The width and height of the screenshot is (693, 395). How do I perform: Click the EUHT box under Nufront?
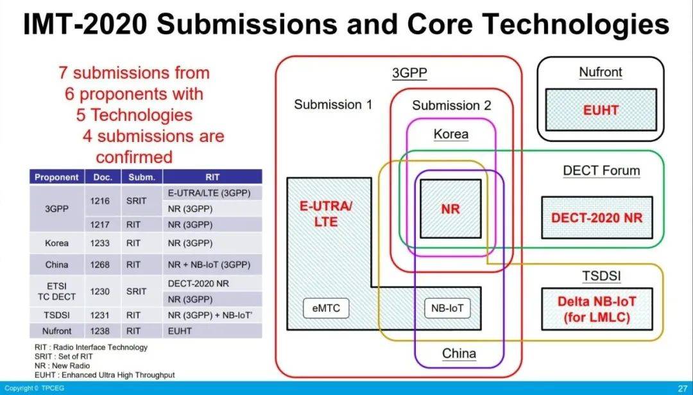pyautogui.click(x=601, y=110)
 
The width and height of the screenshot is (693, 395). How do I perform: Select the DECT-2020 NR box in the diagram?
pyautogui.click(x=597, y=218)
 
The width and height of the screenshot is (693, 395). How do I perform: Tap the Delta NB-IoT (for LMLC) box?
pyautogui.click(x=597, y=309)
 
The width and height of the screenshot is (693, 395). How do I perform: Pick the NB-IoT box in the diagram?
pyautogui.click(x=447, y=308)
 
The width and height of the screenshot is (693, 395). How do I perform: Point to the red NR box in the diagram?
pyautogui.click(x=450, y=209)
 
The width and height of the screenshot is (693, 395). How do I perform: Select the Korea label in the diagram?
pyautogui.click(x=450, y=134)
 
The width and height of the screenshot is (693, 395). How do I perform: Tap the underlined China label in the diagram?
pyautogui.click(x=459, y=353)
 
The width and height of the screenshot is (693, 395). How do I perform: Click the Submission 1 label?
pyautogui.click(x=333, y=105)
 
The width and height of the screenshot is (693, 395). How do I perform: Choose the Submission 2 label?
pyautogui.click(x=451, y=105)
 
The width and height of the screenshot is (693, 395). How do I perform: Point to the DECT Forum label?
pyautogui.click(x=601, y=171)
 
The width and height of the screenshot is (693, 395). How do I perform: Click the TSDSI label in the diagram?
pyautogui.click(x=601, y=277)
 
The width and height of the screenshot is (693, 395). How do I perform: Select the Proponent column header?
pyautogui.click(x=56, y=177)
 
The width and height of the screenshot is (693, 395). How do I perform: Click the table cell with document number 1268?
pyautogui.click(x=99, y=265)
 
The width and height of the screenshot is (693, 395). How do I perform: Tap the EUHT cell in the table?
pyautogui.click(x=180, y=331)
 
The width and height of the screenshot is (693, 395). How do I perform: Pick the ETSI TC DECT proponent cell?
pyautogui.click(x=56, y=291)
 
